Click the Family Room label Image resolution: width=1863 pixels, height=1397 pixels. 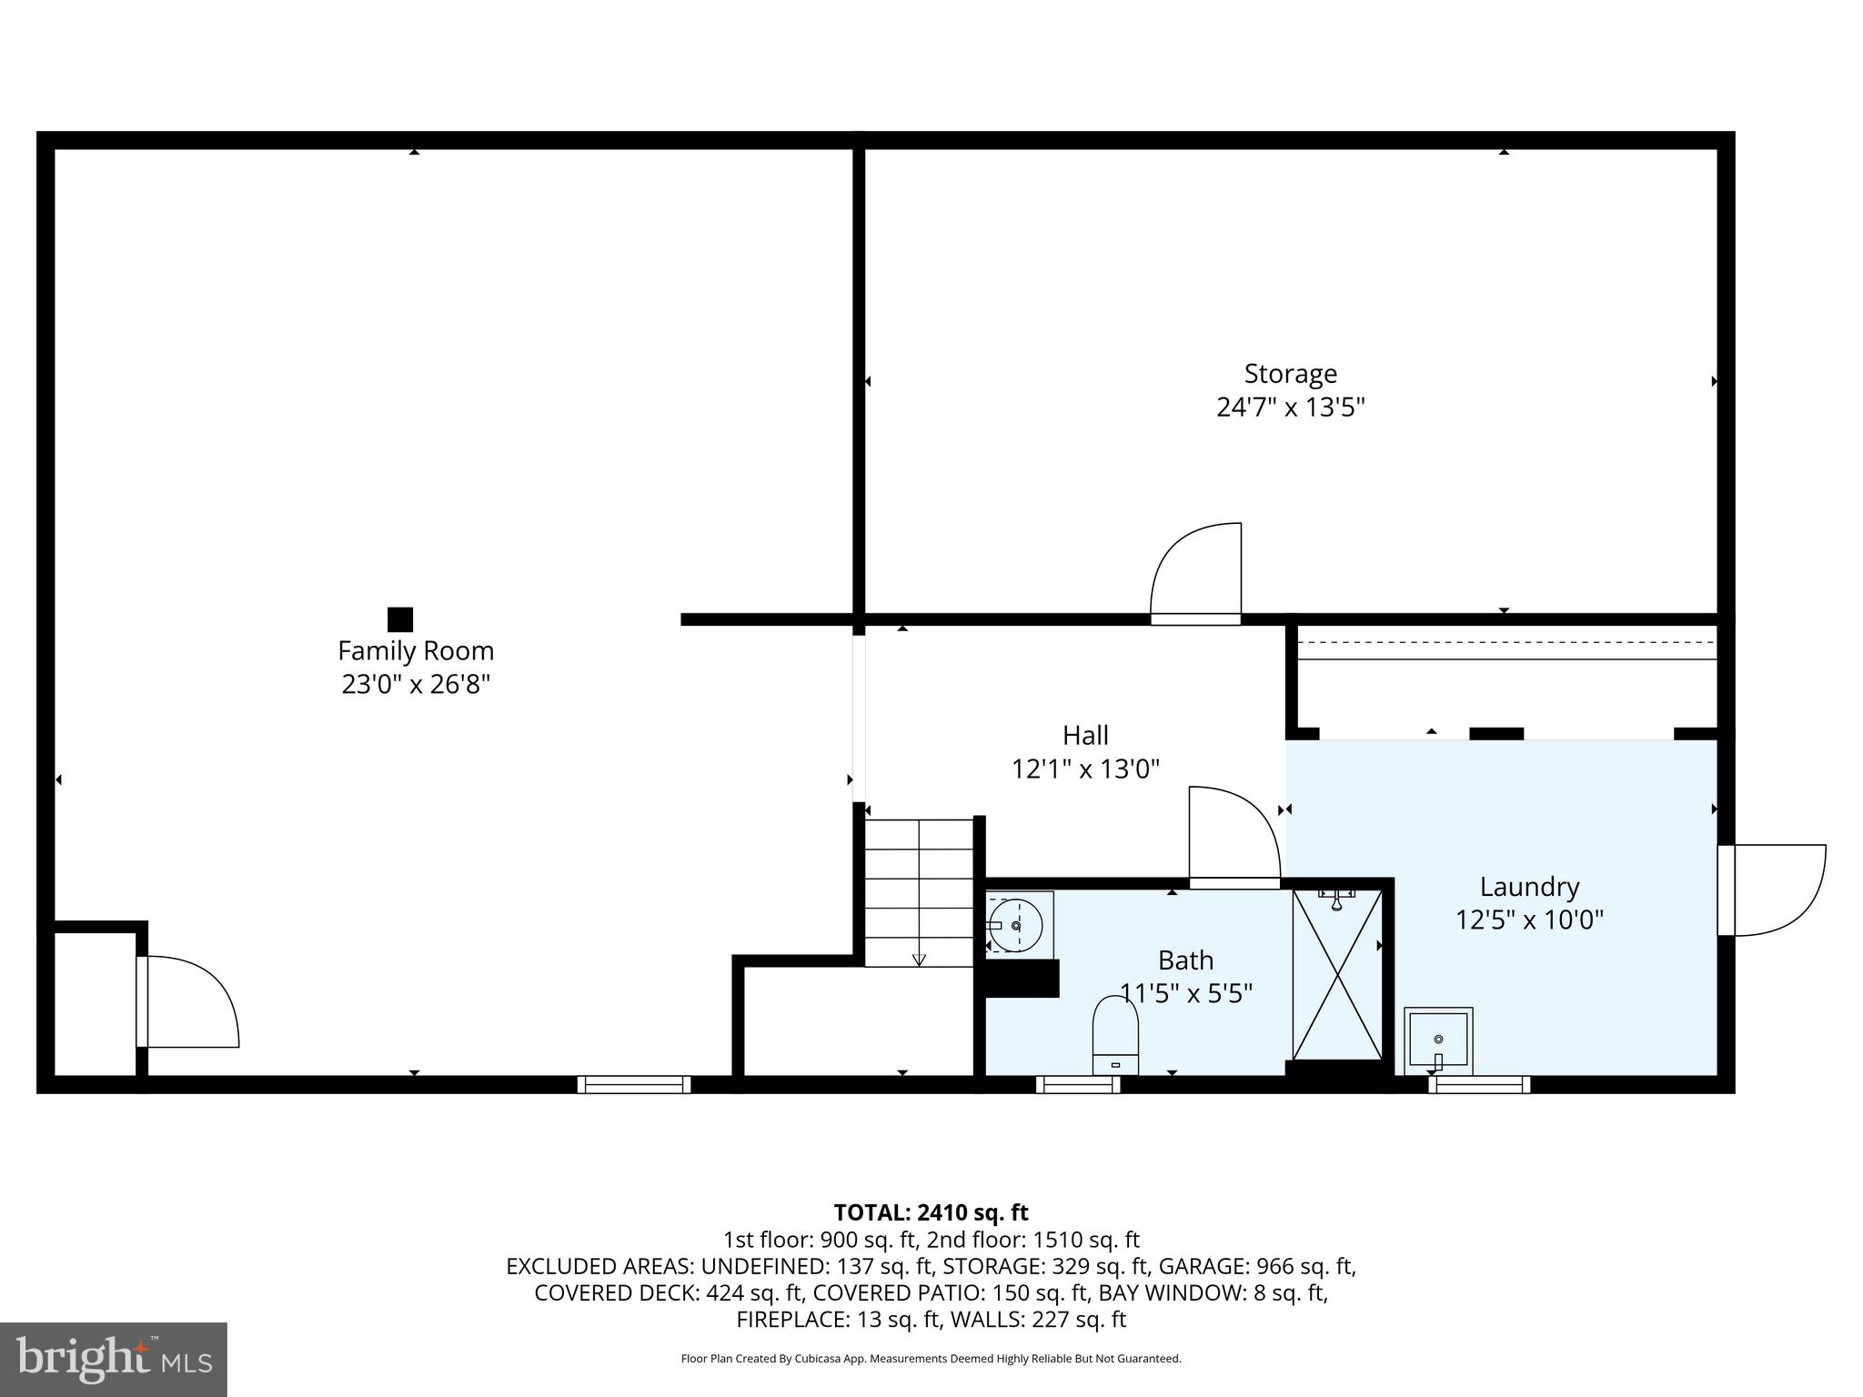click(416, 651)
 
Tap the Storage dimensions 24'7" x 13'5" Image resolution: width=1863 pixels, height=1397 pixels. click(1290, 407)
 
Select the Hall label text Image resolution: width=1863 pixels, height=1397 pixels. click(1085, 735)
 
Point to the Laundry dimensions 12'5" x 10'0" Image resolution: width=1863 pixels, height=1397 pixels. click(1529, 920)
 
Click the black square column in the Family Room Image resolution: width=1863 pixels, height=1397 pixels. click(400, 619)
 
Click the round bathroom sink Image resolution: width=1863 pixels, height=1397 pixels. click(1016, 925)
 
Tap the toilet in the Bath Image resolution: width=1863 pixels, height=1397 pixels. click(1115, 1036)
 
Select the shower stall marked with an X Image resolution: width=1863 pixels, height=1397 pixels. click(1337, 975)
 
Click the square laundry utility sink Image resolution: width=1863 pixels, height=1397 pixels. click(1438, 1040)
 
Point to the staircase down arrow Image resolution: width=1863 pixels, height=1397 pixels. click(919, 958)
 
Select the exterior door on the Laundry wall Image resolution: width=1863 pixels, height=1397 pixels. click(1771, 889)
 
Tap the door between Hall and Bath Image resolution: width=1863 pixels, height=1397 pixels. click(1234, 835)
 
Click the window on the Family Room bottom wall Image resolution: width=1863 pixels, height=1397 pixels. click(634, 1084)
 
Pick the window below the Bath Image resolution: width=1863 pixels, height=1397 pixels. click(1078, 1084)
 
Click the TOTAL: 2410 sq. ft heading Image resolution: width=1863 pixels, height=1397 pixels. click(931, 1212)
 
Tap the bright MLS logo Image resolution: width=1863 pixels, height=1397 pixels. click(114, 1360)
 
